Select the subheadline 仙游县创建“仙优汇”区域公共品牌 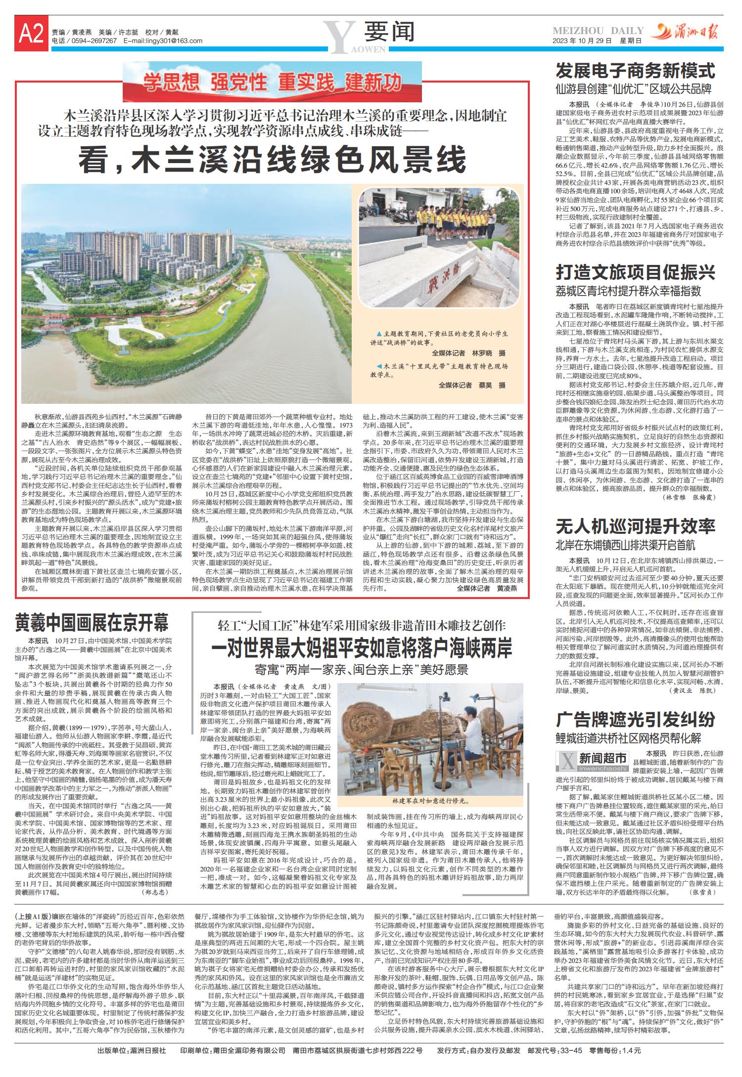[x=633, y=89]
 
